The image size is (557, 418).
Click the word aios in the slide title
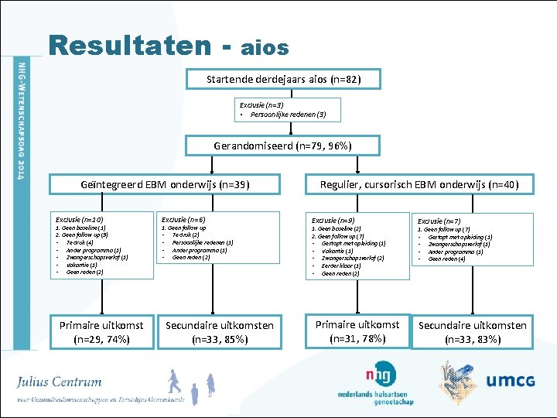coord(265,48)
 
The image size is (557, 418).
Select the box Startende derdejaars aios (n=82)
coord(283,80)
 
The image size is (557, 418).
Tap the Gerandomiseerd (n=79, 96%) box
coord(282,146)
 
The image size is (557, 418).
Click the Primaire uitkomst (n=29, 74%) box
coord(101,332)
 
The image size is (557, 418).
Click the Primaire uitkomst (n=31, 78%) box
coord(357,331)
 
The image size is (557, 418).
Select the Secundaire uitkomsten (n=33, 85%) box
coord(220,332)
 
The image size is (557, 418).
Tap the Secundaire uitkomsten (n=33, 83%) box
coord(473,332)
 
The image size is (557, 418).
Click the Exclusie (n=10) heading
coord(74,220)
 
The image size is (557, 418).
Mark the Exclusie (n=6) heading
coord(183,220)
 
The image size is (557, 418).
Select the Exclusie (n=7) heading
coord(439,221)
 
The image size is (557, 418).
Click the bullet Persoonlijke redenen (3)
coord(283,115)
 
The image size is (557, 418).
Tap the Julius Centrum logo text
coord(60,382)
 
